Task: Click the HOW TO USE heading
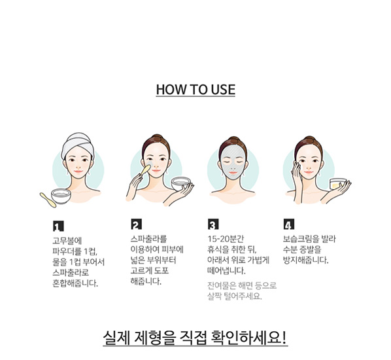point(195,90)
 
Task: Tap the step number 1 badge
point(58,226)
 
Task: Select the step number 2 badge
point(136,224)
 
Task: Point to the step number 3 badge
point(213,224)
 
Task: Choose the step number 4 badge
point(289,224)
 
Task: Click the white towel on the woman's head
point(78,143)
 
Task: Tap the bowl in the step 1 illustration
point(61,196)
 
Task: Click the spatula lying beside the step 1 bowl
point(48,200)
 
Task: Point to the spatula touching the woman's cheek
point(145,170)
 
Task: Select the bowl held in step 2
point(181,183)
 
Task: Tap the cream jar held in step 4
point(337,184)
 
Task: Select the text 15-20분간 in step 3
point(226,239)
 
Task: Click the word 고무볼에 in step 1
point(67,241)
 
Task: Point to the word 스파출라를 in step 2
point(148,239)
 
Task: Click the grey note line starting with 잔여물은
point(242,285)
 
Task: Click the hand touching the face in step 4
point(297,180)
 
